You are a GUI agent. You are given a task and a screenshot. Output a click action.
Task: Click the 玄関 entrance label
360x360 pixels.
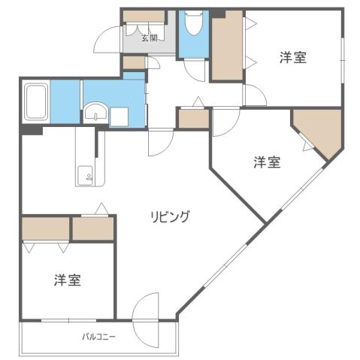coord(149,38)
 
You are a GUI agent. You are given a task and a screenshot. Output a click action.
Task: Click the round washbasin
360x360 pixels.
coord(94,114)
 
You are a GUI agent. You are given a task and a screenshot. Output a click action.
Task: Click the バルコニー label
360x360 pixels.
coord(98,337)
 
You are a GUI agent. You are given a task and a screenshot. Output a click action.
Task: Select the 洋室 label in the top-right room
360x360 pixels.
coord(293,57)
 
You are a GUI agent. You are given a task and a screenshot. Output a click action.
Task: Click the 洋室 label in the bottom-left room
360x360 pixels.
coord(68,280)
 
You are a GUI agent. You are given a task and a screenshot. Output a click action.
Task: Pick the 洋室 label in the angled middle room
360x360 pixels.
coord(267,162)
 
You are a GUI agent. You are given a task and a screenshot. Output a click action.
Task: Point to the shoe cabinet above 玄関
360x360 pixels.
coord(144,16)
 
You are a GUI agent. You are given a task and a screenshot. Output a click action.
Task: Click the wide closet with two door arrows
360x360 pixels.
coord(45,228)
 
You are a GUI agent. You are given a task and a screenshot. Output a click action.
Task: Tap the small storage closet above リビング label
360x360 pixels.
coord(92,228)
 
